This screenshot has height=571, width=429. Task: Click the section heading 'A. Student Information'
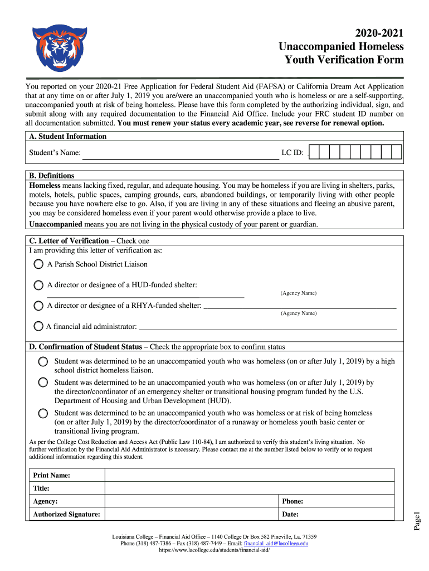(67, 136)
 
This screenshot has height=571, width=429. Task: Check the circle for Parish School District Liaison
(38, 264)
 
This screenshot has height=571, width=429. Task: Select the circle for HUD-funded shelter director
(38, 285)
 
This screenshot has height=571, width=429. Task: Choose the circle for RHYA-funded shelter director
(38, 306)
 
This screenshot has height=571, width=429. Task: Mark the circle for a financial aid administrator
(38, 326)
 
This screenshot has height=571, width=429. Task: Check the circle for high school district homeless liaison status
(43, 362)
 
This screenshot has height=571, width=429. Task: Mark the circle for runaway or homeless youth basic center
(43, 413)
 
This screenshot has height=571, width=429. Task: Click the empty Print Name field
(249, 475)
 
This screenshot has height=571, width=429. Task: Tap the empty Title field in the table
(249, 488)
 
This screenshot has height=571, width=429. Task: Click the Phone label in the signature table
(292, 501)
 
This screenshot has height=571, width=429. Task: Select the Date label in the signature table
(290, 514)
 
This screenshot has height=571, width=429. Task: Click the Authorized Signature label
(66, 514)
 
